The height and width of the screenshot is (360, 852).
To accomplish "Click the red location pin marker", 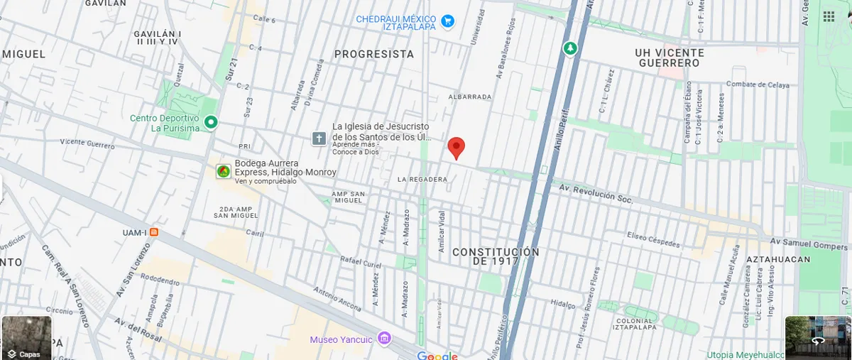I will tap(457, 147).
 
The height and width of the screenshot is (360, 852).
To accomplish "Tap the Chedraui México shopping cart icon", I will tap(447, 22).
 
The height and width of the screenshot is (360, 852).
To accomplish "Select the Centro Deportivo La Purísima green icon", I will tap(211, 123).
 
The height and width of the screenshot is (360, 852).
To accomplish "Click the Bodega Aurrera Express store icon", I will tap(224, 171).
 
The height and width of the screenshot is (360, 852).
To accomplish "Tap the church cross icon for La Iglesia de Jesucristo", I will tap(319, 138).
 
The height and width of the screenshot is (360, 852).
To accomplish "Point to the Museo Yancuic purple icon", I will tap(385, 338).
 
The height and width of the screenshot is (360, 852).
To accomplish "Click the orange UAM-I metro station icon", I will tap(154, 232).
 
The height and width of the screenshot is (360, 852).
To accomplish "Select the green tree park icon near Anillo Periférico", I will tap(569, 48).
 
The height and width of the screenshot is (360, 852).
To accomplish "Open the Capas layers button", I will tap(26, 337).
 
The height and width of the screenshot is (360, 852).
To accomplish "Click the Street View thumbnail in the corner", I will tap(818, 337).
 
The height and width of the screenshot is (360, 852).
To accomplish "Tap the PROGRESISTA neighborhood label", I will tap(373, 54).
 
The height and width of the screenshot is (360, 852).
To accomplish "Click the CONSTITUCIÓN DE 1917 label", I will tap(496, 257).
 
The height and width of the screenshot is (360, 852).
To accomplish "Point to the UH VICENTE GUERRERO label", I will tap(670, 58).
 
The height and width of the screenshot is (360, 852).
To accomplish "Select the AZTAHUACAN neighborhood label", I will tap(778, 260).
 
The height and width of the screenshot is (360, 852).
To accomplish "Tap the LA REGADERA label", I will tap(422, 179).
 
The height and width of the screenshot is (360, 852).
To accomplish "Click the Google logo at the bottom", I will tap(437, 355).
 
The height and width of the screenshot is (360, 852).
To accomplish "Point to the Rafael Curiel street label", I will tap(361, 261).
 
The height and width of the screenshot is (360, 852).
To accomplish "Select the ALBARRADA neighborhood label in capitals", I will tap(470, 97).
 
